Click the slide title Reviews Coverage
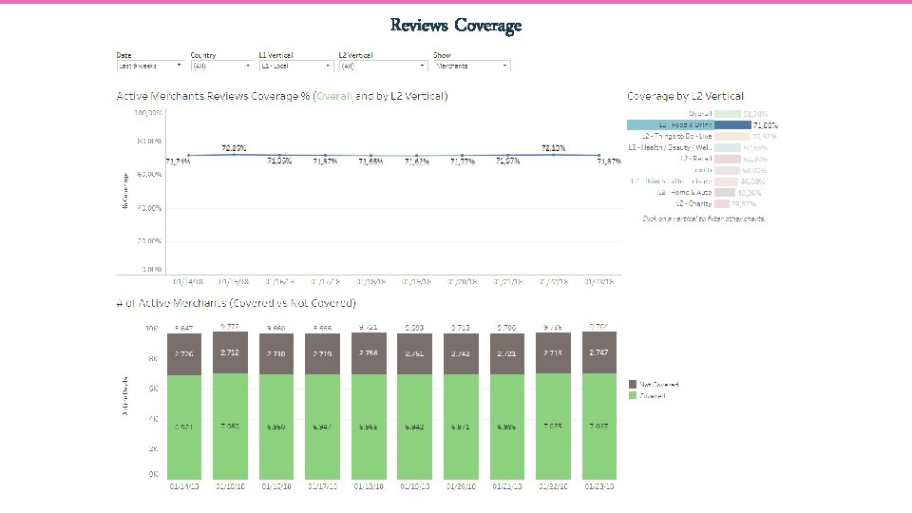pyautogui.click(x=456, y=25)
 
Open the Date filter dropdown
pyautogui.click(x=150, y=66)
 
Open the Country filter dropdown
pyautogui.click(x=221, y=66)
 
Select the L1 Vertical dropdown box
pyautogui.click(x=294, y=66)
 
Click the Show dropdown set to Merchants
pyautogui.click(x=471, y=66)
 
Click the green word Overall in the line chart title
pyautogui.click(x=333, y=96)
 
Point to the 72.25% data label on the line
pyautogui.click(x=235, y=148)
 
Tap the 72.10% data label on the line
pyautogui.click(x=553, y=148)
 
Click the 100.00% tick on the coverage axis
pyautogui.click(x=148, y=112)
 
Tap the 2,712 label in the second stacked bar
pyautogui.click(x=230, y=351)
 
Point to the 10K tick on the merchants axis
pyautogui.click(x=151, y=330)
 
